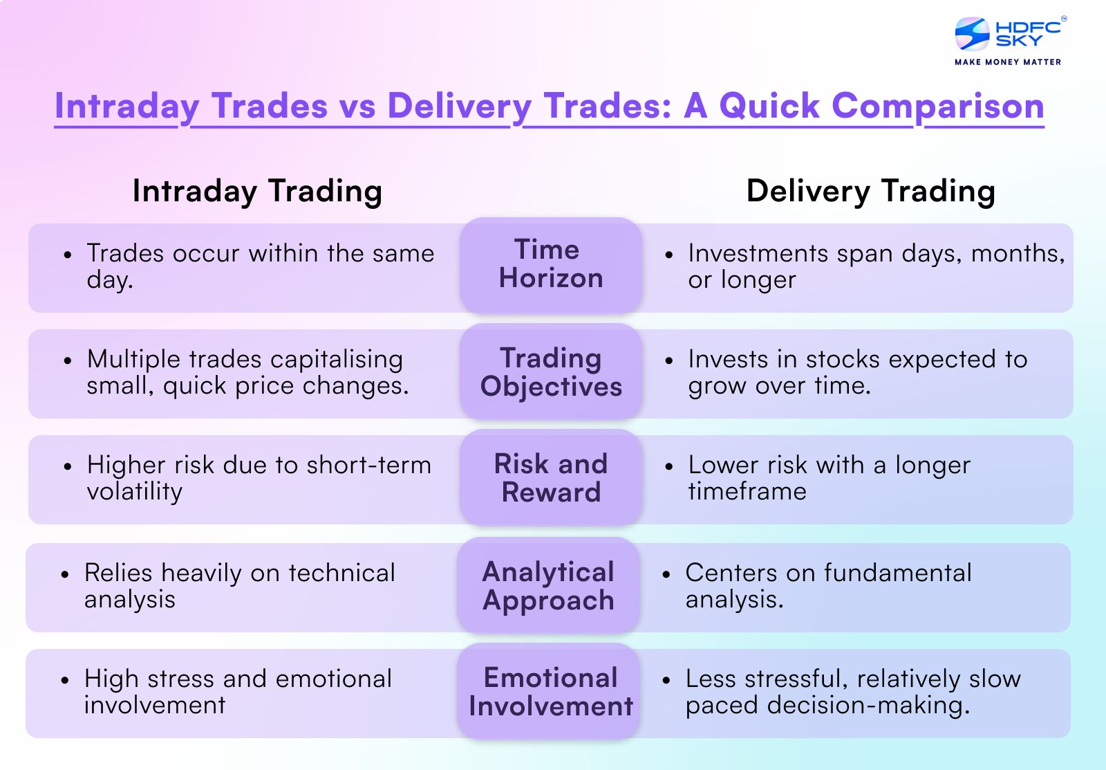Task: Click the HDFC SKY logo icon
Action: tap(972, 34)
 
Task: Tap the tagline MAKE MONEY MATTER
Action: tap(1008, 62)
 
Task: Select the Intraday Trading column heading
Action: tap(257, 191)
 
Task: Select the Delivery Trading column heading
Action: tap(870, 191)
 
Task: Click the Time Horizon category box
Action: tap(551, 265)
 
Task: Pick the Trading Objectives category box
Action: tap(551, 372)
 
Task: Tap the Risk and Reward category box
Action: tap(551, 478)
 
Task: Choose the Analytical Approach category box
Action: tap(548, 586)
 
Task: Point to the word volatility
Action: tap(135, 492)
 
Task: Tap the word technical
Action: tap(341, 573)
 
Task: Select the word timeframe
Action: tap(747, 492)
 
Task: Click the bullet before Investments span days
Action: tap(668, 255)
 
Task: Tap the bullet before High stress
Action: tap(65, 681)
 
